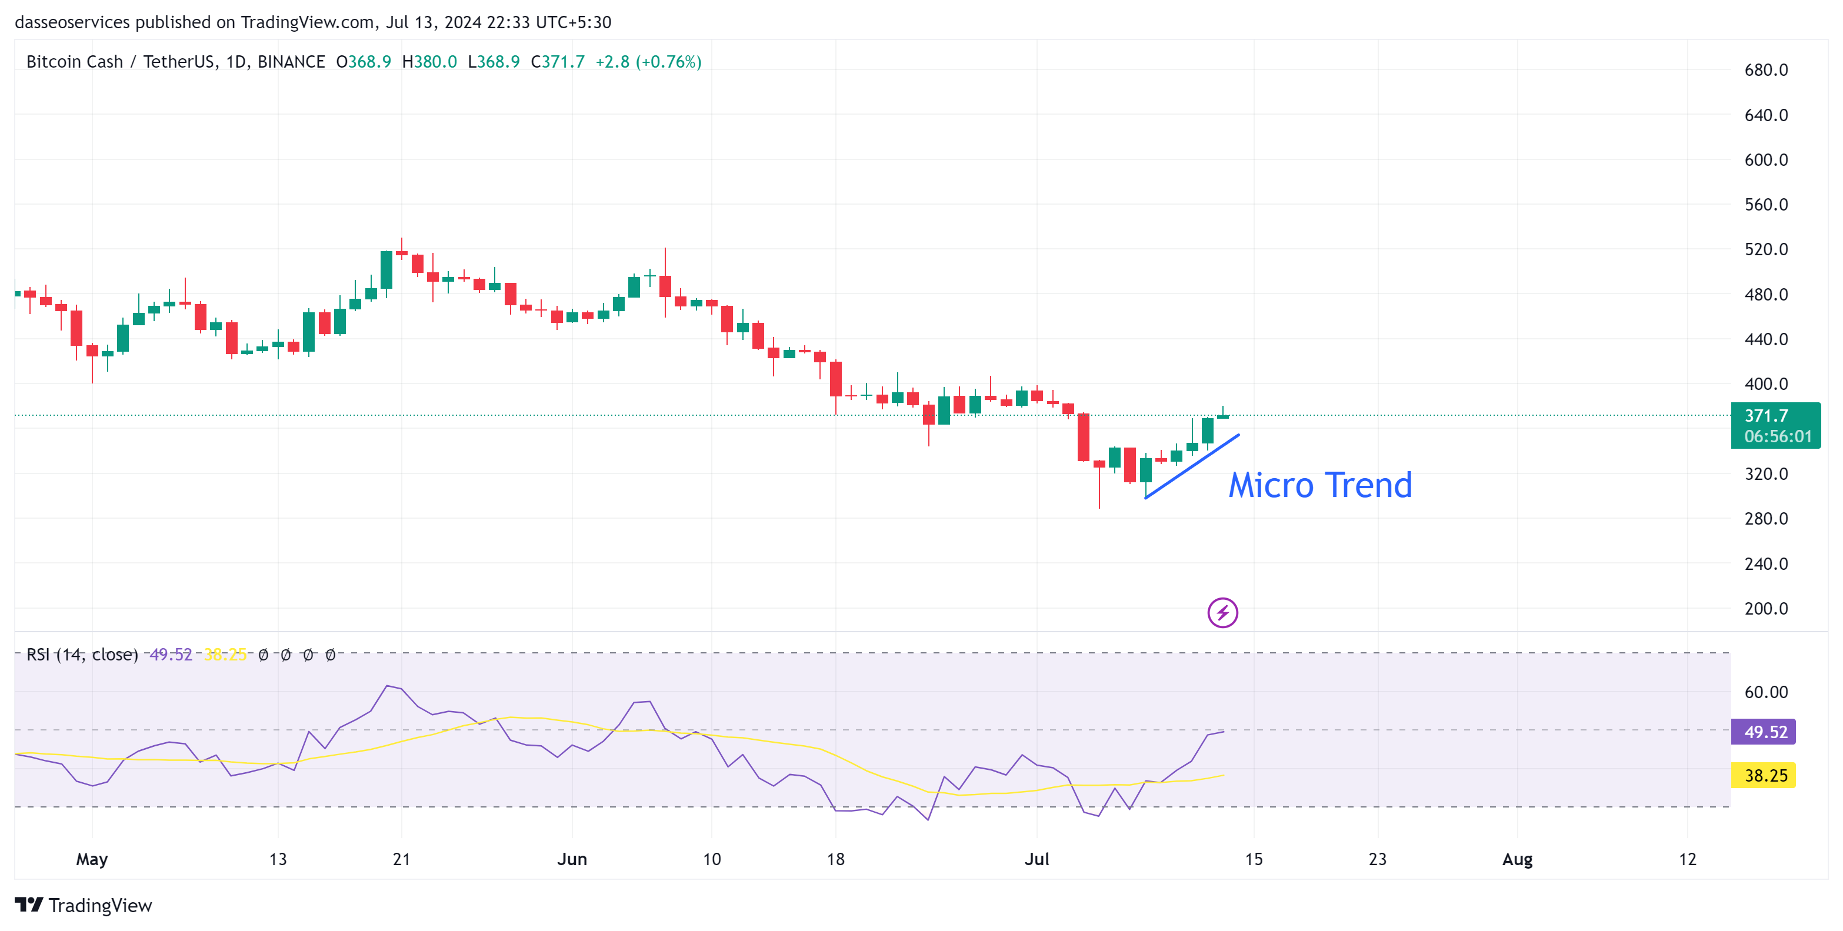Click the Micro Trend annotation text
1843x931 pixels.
(1320, 486)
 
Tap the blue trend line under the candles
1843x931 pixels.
(1192, 466)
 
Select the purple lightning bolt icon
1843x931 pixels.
(1222, 613)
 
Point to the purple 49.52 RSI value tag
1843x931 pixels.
(1764, 732)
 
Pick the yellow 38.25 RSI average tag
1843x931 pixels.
(1764, 775)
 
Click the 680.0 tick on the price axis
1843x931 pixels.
(1766, 70)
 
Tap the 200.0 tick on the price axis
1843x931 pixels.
(1766, 609)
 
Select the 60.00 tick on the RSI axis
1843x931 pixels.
(1766, 692)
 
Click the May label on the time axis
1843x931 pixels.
(92, 859)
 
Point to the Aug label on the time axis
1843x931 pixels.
(1517, 859)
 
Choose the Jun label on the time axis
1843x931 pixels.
(572, 859)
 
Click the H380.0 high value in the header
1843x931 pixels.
(429, 62)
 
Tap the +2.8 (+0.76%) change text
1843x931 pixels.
(648, 62)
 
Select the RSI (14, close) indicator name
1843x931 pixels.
(82, 654)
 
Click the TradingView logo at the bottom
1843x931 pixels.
(84, 905)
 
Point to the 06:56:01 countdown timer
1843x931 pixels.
(1777, 436)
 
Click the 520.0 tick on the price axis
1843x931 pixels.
(1766, 249)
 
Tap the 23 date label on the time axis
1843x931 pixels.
(1377, 859)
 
